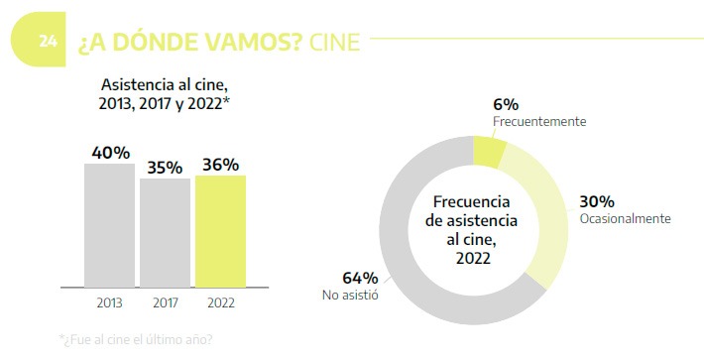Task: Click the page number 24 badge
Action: pos(47,42)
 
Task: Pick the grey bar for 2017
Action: pos(165,233)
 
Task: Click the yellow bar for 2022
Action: pos(220,231)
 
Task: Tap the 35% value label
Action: pos(165,167)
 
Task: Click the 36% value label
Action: pos(219,165)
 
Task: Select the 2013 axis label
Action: pos(109,301)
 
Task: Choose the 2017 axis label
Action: pos(165,301)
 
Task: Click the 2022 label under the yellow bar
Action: pos(220,301)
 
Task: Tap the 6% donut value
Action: pos(506,104)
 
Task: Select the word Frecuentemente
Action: pos(539,121)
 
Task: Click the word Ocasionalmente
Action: pos(625,218)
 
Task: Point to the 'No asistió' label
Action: pos(349,295)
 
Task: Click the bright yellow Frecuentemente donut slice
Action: pos(488,151)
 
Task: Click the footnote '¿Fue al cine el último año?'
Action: pos(136,339)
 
